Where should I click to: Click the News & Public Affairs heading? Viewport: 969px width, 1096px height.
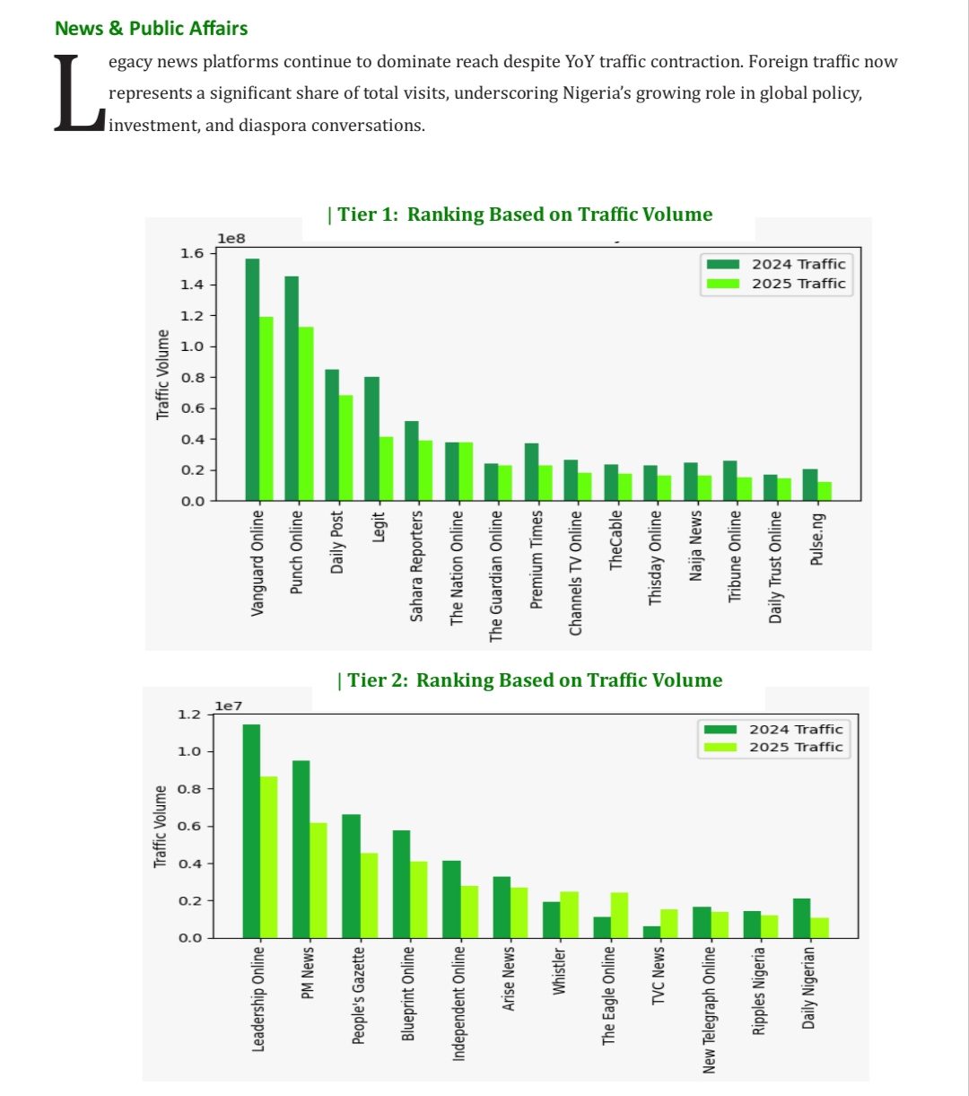tap(151, 28)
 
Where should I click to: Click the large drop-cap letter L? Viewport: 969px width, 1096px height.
tap(78, 95)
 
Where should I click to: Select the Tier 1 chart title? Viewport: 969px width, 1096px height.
tap(519, 215)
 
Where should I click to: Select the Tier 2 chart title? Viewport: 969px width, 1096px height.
tap(529, 680)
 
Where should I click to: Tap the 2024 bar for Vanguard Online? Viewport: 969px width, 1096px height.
tap(252, 379)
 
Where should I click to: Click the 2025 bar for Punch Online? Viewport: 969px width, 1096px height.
tap(306, 414)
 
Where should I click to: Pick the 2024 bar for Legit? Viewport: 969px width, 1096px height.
tap(371, 438)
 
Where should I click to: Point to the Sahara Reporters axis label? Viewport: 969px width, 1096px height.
tap(416, 566)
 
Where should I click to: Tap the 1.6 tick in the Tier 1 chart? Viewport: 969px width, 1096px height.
tap(192, 253)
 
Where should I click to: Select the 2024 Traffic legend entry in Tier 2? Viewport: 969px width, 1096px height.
tap(773, 730)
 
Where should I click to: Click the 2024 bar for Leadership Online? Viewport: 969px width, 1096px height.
tap(251, 830)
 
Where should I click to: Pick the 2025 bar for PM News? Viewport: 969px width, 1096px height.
tap(318, 880)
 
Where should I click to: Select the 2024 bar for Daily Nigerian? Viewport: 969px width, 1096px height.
tap(802, 917)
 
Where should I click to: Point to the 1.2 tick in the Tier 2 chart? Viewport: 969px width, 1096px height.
tap(189, 715)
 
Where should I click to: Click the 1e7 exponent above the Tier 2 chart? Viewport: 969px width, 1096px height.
tap(228, 707)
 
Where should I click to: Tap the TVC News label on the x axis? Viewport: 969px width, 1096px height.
tap(658, 975)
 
